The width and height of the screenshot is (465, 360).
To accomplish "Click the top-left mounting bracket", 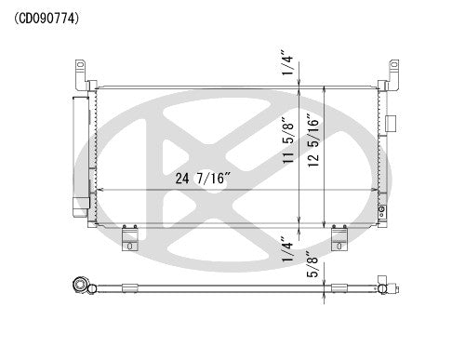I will click(x=83, y=73).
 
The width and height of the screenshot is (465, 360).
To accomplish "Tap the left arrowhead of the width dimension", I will click(x=100, y=189).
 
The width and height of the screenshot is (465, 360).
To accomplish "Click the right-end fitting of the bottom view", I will click(x=382, y=286).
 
